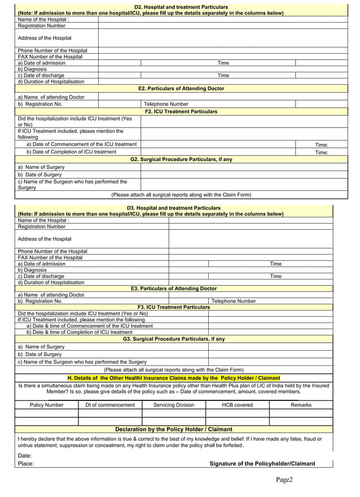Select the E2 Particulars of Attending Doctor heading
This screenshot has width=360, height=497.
(x=181, y=89)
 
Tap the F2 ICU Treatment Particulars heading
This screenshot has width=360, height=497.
(x=181, y=112)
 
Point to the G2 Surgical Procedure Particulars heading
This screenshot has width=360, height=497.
(x=181, y=160)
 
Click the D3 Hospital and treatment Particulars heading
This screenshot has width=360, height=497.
(x=174, y=208)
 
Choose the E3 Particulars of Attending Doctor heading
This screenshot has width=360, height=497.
(x=174, y=289)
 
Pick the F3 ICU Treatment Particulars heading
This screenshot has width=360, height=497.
(x=174, y=307)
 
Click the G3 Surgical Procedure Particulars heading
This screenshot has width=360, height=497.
(x=174, y=339)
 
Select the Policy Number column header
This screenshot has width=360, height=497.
(x=46, y=405)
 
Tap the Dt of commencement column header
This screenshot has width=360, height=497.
(x=110, y=405)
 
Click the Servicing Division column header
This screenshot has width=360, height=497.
(x=174, y=405)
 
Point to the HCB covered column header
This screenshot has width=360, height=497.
(x=238, y=405)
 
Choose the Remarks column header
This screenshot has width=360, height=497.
(x=301, y=405)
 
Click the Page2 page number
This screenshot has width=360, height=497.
(x=284, y=480)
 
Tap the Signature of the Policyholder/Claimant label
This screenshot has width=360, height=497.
(x=262, y=464)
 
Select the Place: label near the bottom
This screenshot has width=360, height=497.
(x=26, y=464)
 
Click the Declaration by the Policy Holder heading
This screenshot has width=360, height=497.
(x=174, y=429)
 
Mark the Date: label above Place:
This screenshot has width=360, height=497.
(x=25, y=455)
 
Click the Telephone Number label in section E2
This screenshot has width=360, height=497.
(x=166, y=104)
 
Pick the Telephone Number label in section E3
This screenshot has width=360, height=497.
(x=234, y=301)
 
